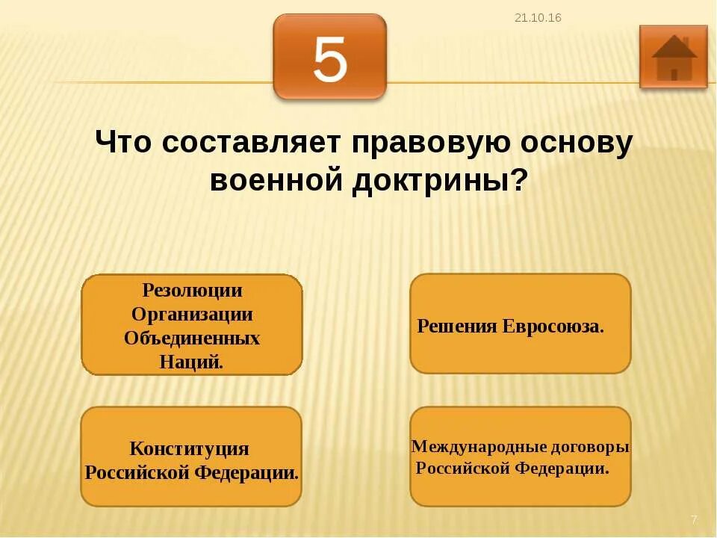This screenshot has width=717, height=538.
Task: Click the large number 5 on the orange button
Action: [330, 59]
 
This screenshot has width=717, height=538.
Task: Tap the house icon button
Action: [673, 57]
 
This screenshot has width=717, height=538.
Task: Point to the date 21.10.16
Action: [538, 18]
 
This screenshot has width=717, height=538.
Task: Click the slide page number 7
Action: [694, 519]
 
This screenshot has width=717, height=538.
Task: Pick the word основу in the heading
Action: [574, 142]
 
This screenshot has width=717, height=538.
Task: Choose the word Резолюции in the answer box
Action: [192, 290]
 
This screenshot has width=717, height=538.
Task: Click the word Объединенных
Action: [192, 338]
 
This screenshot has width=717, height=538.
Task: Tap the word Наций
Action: [191, 362]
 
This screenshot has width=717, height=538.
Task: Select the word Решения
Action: [456, 327]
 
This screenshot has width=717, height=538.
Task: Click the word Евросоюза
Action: [553, 327]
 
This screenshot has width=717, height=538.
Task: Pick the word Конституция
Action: [189, 449]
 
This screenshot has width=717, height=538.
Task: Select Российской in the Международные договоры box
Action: [461, 469]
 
